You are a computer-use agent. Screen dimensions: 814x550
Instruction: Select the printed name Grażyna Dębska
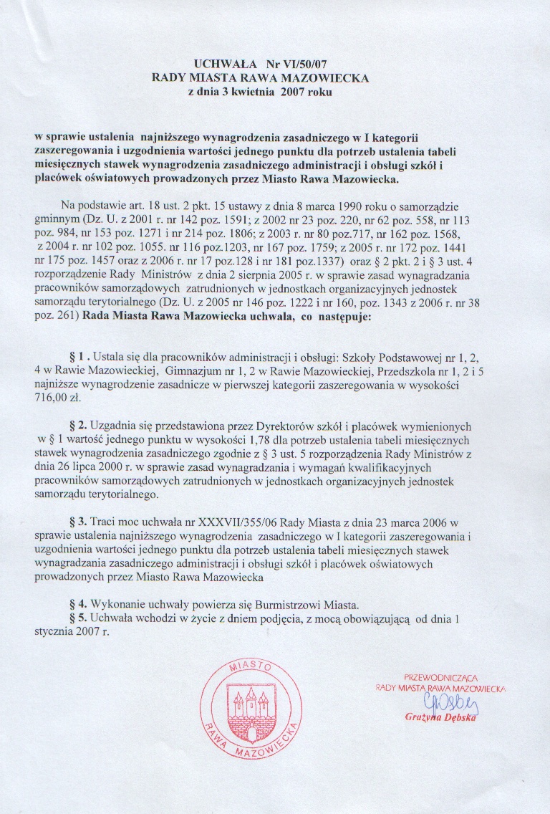coord(440,717)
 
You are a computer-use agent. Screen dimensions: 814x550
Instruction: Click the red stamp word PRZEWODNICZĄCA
coord(441,676)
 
